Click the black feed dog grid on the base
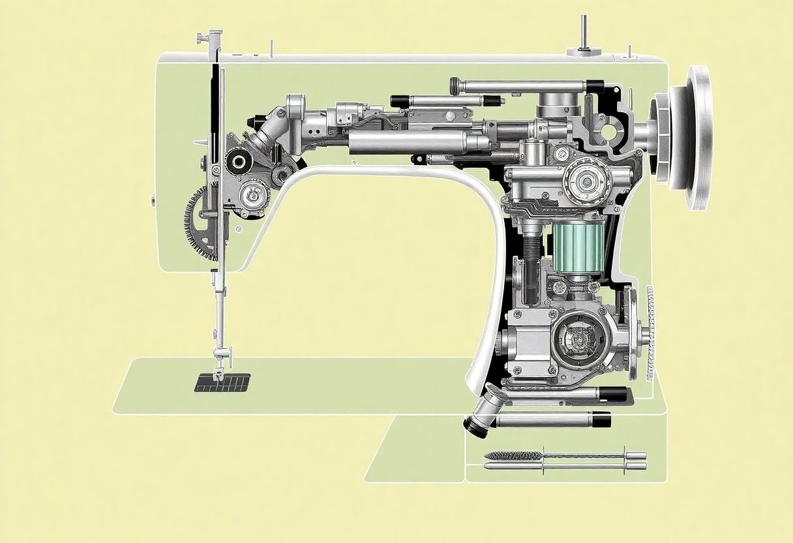coord(222,382)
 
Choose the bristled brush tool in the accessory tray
coord(515,456)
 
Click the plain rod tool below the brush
coord(561,466)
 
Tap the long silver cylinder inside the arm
coord(408,142)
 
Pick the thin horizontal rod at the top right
coord(522,85)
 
